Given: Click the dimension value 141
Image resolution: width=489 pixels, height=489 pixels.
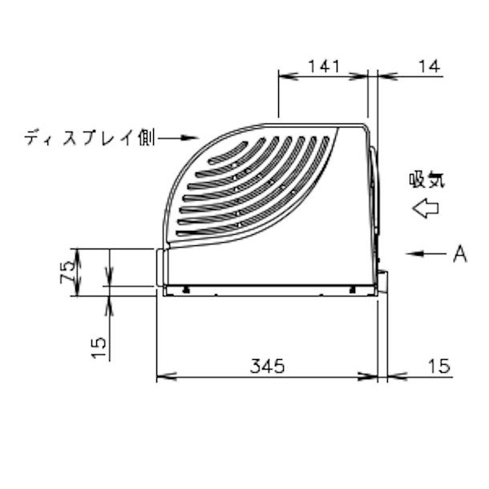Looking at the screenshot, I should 325,67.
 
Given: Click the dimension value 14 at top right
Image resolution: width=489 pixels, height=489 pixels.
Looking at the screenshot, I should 429,67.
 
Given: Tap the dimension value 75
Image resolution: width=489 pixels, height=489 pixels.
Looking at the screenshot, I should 70,267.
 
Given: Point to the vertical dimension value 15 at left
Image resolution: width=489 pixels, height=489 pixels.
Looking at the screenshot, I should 98,346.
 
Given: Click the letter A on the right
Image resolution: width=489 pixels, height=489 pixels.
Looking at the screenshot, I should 459,254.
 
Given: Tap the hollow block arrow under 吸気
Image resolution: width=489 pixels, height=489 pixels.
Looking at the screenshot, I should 425,209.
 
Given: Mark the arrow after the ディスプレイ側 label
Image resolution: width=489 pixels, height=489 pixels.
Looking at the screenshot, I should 178,139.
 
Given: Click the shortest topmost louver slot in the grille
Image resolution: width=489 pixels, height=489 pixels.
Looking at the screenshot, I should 232,150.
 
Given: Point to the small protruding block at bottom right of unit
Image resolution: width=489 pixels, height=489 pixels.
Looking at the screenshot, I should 382,282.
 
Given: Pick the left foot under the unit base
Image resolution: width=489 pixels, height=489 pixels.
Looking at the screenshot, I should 186,289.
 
